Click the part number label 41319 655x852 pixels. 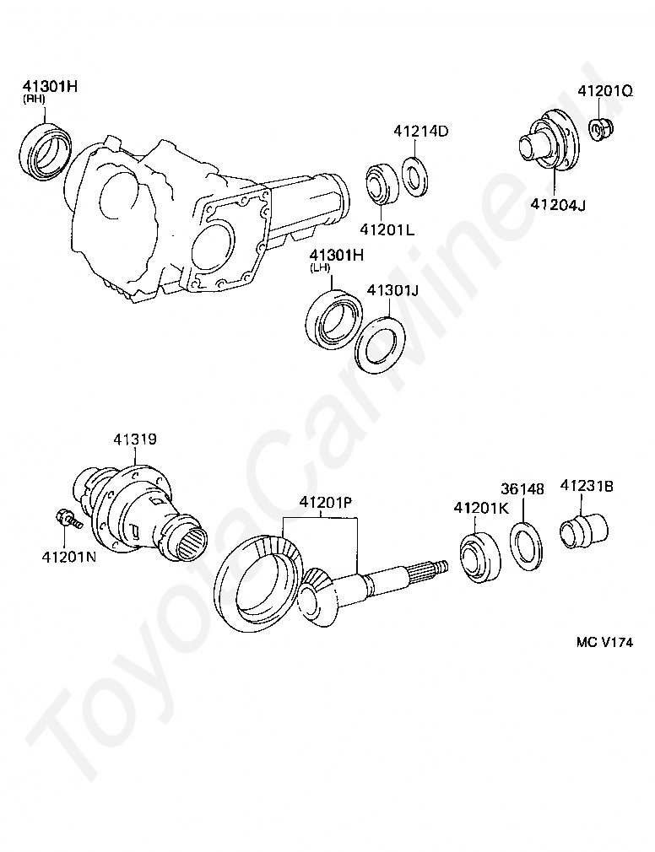(135, 439)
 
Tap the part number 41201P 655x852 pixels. (324, 504)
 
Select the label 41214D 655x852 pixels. (420, 132)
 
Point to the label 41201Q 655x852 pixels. (605, 90)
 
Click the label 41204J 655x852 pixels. (557, 203)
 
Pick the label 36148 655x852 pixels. (522, 488)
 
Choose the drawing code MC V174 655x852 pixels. (604, 641)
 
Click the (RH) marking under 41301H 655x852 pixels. (34, 99)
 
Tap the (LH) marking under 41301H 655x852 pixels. (321, 267)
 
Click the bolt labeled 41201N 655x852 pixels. (65, 518)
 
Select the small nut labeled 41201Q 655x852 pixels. (600, 130)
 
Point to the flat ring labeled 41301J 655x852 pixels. (379, 342)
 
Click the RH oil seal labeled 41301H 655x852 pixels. (46, 152)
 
